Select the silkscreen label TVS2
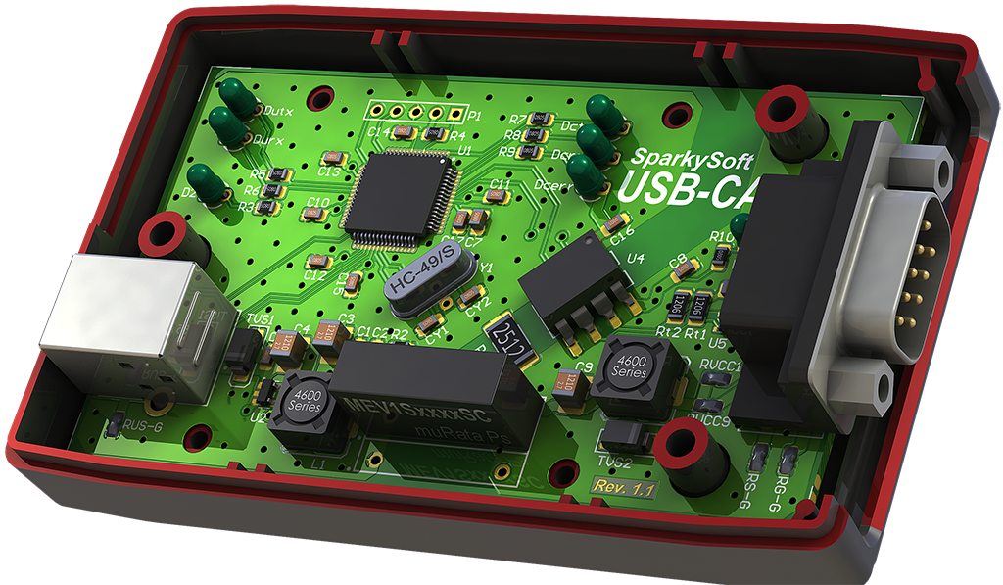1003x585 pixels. tap(613, 462)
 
